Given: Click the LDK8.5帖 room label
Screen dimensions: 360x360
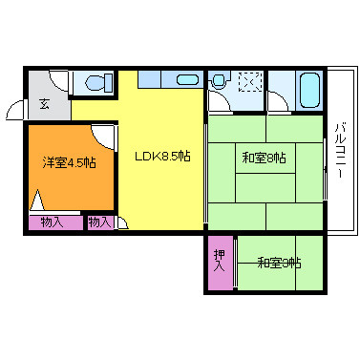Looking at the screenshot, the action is (162, 157).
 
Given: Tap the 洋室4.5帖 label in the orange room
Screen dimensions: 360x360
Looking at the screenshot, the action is (70, 163).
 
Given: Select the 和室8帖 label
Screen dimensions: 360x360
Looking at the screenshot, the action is (264, 158).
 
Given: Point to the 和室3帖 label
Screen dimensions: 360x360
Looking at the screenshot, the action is (279, 264).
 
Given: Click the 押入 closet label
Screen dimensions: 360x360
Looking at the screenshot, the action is (220, 261).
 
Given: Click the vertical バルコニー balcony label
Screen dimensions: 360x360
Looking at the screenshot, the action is (340, 151).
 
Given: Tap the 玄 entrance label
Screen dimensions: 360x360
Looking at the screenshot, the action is (45, 104).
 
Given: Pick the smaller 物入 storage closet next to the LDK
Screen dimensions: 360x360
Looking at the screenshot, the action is (100, 222).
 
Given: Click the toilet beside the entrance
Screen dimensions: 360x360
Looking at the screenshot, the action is (98, 83).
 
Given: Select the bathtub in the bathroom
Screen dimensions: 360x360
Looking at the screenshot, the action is (309, 91).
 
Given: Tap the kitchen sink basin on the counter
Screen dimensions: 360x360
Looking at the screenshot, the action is (187, 79).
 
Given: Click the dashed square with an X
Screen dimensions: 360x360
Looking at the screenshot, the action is (250, 82).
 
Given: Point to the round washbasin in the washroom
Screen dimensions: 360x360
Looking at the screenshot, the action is (219, 80).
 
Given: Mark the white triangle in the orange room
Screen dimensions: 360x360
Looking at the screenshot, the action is (37, 200).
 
